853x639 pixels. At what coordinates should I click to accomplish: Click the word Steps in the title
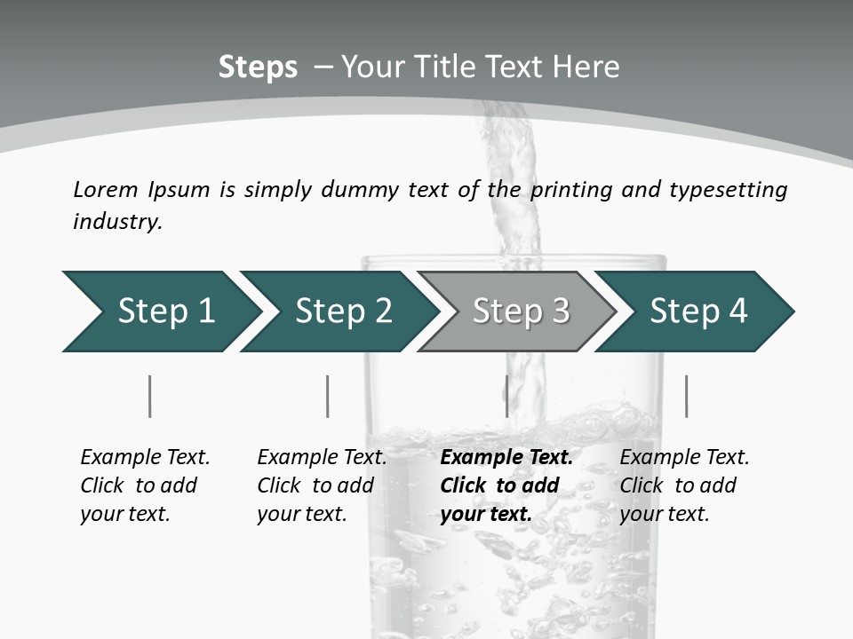click(x=258, y=67)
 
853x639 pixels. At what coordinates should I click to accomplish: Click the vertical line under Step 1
click(x=150, y=396)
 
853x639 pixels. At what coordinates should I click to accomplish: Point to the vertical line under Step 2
click(x=328, y=396)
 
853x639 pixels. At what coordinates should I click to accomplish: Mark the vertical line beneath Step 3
click(x=506, y=396)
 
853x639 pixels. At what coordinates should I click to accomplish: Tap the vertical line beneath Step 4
click(x=686, y=396)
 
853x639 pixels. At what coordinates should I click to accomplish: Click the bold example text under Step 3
click(x=506, y=485)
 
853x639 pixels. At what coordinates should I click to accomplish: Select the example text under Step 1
click(x=145, y=485)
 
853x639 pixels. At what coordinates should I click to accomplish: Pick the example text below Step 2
click(x=322, y=485)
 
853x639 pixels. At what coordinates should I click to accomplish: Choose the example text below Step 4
click(x=684, y=485)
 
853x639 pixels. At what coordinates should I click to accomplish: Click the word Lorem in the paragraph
click(x=106, y=189)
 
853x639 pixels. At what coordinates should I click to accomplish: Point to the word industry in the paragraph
click(x=117, y=222)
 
